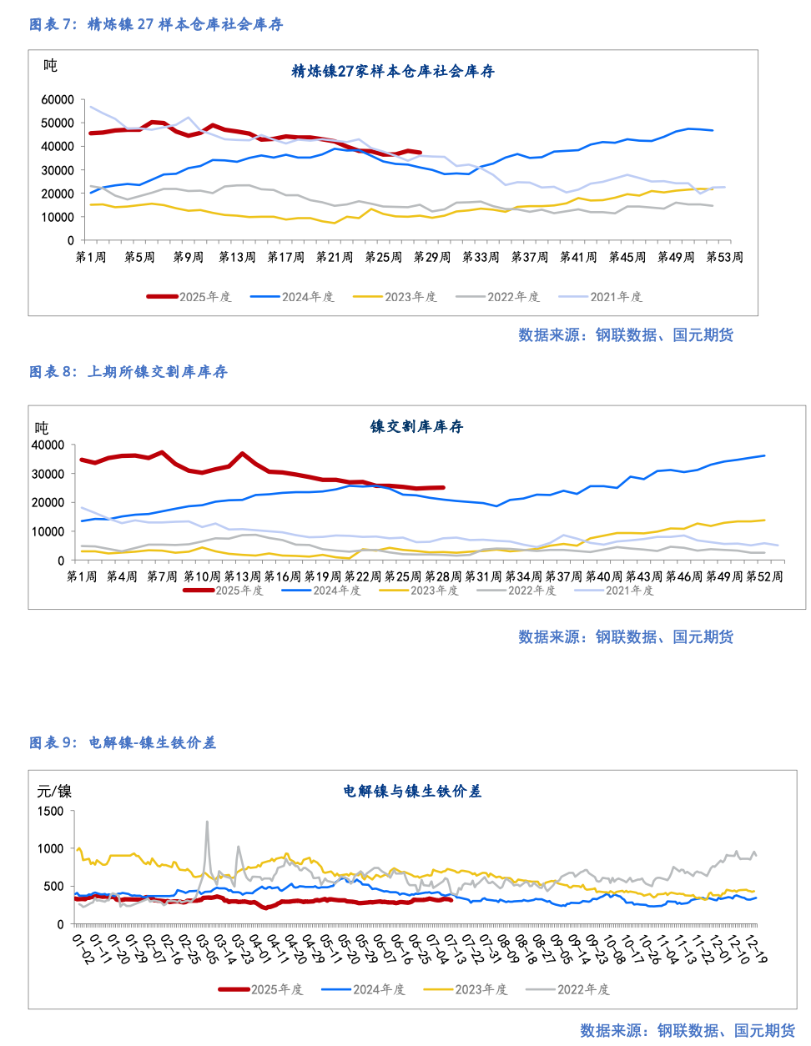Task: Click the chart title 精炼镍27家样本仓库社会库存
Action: click(x=393, y=72)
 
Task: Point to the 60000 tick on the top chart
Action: click(x=58, y=99)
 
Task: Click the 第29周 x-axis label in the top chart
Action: click(x=432, y=257)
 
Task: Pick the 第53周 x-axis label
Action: click(x=724, y=257)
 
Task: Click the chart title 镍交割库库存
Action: click(x=416, y=426)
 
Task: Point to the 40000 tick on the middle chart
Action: click(x=48, y=445)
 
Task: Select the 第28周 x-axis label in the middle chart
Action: click(x=443, y=576)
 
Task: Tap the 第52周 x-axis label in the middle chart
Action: click(x=764, y=576)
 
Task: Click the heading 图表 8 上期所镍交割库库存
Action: click(x=128, y=371)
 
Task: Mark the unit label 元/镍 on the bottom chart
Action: click(x=54, y=791)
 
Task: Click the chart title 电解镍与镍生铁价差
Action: click(x=412, y=791)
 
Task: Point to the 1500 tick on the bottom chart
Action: click(x=50, y=811)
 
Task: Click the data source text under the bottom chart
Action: click(x=688, y=1031)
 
